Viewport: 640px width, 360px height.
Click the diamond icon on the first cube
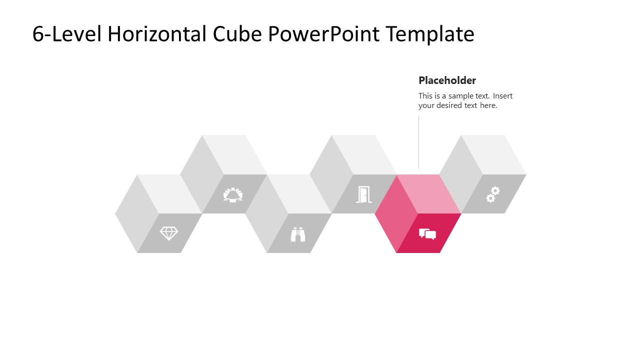click(168, 233)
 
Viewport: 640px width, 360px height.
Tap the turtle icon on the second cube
click(233, 194)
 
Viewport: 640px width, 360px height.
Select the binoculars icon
click(298, 234)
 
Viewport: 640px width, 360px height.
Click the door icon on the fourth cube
click(363, 194)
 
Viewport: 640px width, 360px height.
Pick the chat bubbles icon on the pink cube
click(427, 234)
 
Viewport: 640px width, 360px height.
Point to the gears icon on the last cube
click(492, 194)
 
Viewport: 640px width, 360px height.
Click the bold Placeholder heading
click(447, 80)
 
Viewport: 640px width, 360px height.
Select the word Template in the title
click(429, 34)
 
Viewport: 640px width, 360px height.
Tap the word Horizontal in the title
click(157, 34)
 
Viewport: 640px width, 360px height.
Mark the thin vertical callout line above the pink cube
click(418, 142)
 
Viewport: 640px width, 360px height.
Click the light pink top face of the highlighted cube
click(429, 194)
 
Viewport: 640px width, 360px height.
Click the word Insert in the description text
click(502, 96)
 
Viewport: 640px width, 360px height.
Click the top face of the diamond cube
click(169, 194)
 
